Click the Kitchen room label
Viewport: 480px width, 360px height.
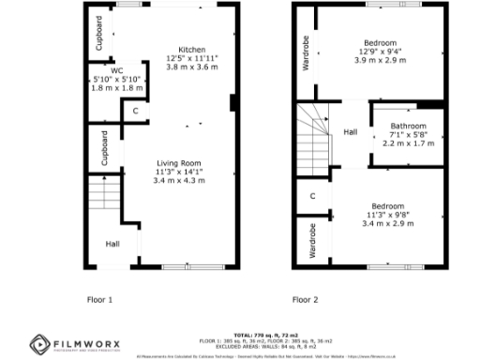tap(192, 50)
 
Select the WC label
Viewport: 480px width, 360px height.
tap(116, 70)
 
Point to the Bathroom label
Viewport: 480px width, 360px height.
tap(408, 127)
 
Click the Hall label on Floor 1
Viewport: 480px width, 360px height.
tap(112, 244)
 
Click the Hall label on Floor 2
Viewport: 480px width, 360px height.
tap(350, 132)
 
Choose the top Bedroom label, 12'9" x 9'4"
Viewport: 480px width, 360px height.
tap(380, 43)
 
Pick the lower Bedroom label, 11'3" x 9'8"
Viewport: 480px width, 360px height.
tap(387, 206)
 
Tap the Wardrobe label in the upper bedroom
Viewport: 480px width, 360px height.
tap(306, 52)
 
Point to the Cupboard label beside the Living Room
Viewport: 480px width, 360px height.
tap(104, 148)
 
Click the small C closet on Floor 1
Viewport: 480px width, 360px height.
tap(136, 112)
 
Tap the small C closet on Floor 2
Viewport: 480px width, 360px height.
tap(312, 197)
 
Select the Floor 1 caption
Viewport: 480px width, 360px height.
tap(99, 300)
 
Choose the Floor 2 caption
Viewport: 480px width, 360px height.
tap(305, 300)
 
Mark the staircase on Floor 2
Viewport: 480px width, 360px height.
tap(315, 133)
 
